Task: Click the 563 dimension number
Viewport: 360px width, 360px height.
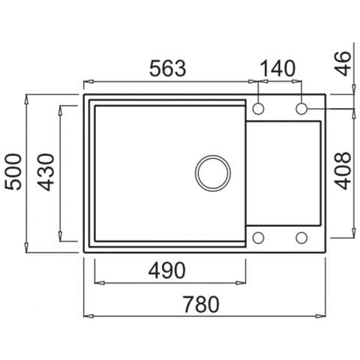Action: pyautogui.click(x=168, y=68)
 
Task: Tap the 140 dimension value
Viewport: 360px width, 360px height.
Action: pyautogui.click(x=277, y=68)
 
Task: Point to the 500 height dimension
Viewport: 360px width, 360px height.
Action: pyautogui.click(x=13, y=172)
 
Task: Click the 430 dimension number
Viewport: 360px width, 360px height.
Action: pyautogui.click(x=46, y=172)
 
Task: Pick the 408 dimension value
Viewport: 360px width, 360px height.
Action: pyautogui.click(x=343, y=170)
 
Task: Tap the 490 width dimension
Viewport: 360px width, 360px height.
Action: pyautogui.click(x=167, y=271)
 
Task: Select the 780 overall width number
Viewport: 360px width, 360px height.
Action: pyautogui.click(x=201, y=304)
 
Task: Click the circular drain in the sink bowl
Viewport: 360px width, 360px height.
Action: pyautogui.click(x=213, y=173)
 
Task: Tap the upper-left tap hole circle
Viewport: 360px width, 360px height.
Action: pyautogui.click(x=258, y=109)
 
